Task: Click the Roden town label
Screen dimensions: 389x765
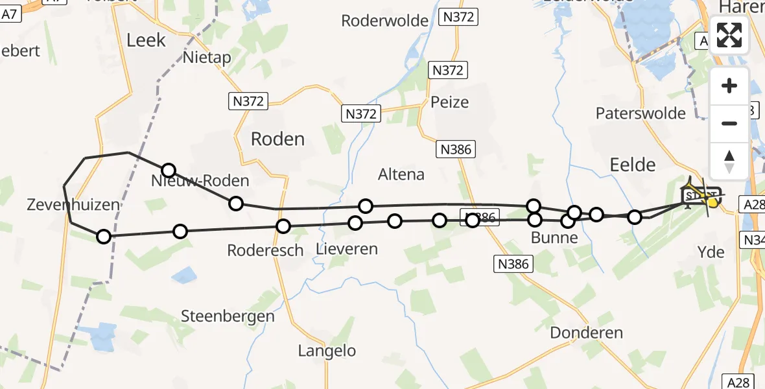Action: click(x=277, y=139)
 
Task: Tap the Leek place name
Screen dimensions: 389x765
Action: click(x=146, y=40)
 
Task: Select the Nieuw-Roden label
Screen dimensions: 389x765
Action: click(x=200, y=180)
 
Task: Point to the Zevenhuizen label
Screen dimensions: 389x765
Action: click(x=73, y=206)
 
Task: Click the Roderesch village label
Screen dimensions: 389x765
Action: click(x=265, y=250)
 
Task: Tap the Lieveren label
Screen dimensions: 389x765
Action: click(x=346, y=248)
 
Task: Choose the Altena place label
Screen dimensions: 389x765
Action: click(x=402, y=174)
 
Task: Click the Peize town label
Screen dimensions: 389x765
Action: click(x=449, y=102)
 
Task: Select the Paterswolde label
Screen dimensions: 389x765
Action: click(x=641, y=113)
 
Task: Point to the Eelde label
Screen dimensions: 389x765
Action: click(x=633, y=164)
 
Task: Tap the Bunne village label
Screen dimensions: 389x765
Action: click(x=554, y=237)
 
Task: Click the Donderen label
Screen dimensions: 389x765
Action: click(x=586, y=333)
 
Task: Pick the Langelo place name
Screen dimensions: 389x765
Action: click(x=327, y=351)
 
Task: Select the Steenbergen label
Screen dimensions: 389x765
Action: click(x=228, y=316)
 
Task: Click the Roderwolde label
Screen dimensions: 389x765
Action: click(x=385, y=21)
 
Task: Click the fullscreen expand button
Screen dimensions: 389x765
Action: click(x=729, y=35)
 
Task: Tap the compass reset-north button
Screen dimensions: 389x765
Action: click(x=729, y=161)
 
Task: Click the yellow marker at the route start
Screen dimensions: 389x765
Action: click(x=712, y=202)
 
